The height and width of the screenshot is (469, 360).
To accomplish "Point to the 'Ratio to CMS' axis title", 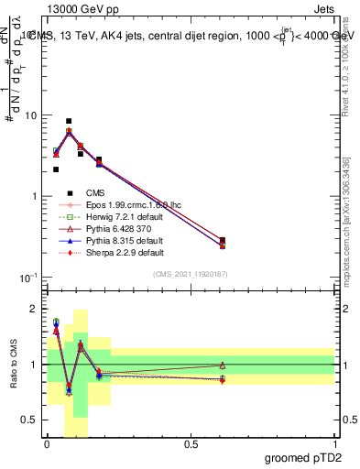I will point(13,366).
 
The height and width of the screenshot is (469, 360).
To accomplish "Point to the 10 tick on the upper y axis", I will point(31,115).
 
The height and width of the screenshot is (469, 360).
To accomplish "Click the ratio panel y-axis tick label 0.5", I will point(32,420).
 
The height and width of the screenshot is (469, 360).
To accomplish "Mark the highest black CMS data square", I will point(69,121).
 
